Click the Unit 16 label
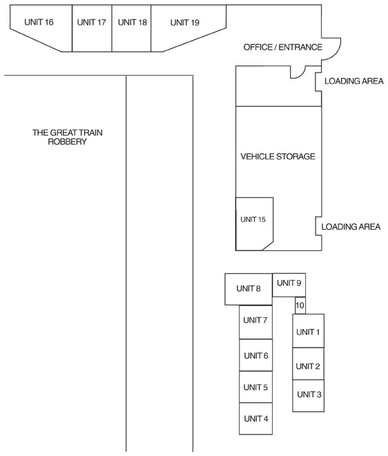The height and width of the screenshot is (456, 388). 39,22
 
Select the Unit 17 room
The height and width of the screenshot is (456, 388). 92,28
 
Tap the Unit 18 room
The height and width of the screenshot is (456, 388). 132,28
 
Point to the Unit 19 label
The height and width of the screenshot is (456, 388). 185,22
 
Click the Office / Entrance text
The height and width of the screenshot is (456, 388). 283,47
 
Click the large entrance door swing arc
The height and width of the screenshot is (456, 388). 336,52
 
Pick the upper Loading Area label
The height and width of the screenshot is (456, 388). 354,81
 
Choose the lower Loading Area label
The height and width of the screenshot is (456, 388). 351,226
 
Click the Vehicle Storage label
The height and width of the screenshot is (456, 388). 278,157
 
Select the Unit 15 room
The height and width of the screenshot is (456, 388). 254,224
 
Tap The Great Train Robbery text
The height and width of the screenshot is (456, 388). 67,137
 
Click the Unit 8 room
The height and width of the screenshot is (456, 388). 249,289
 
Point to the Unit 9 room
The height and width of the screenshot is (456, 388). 289,285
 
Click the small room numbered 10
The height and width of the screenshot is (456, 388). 300,306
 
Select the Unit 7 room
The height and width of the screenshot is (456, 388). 256,322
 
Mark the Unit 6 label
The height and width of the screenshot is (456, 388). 256,356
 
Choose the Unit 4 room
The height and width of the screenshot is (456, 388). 256,419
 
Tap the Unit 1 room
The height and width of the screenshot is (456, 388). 308,330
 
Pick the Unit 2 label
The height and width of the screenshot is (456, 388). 308,366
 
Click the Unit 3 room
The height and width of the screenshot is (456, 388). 308,395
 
